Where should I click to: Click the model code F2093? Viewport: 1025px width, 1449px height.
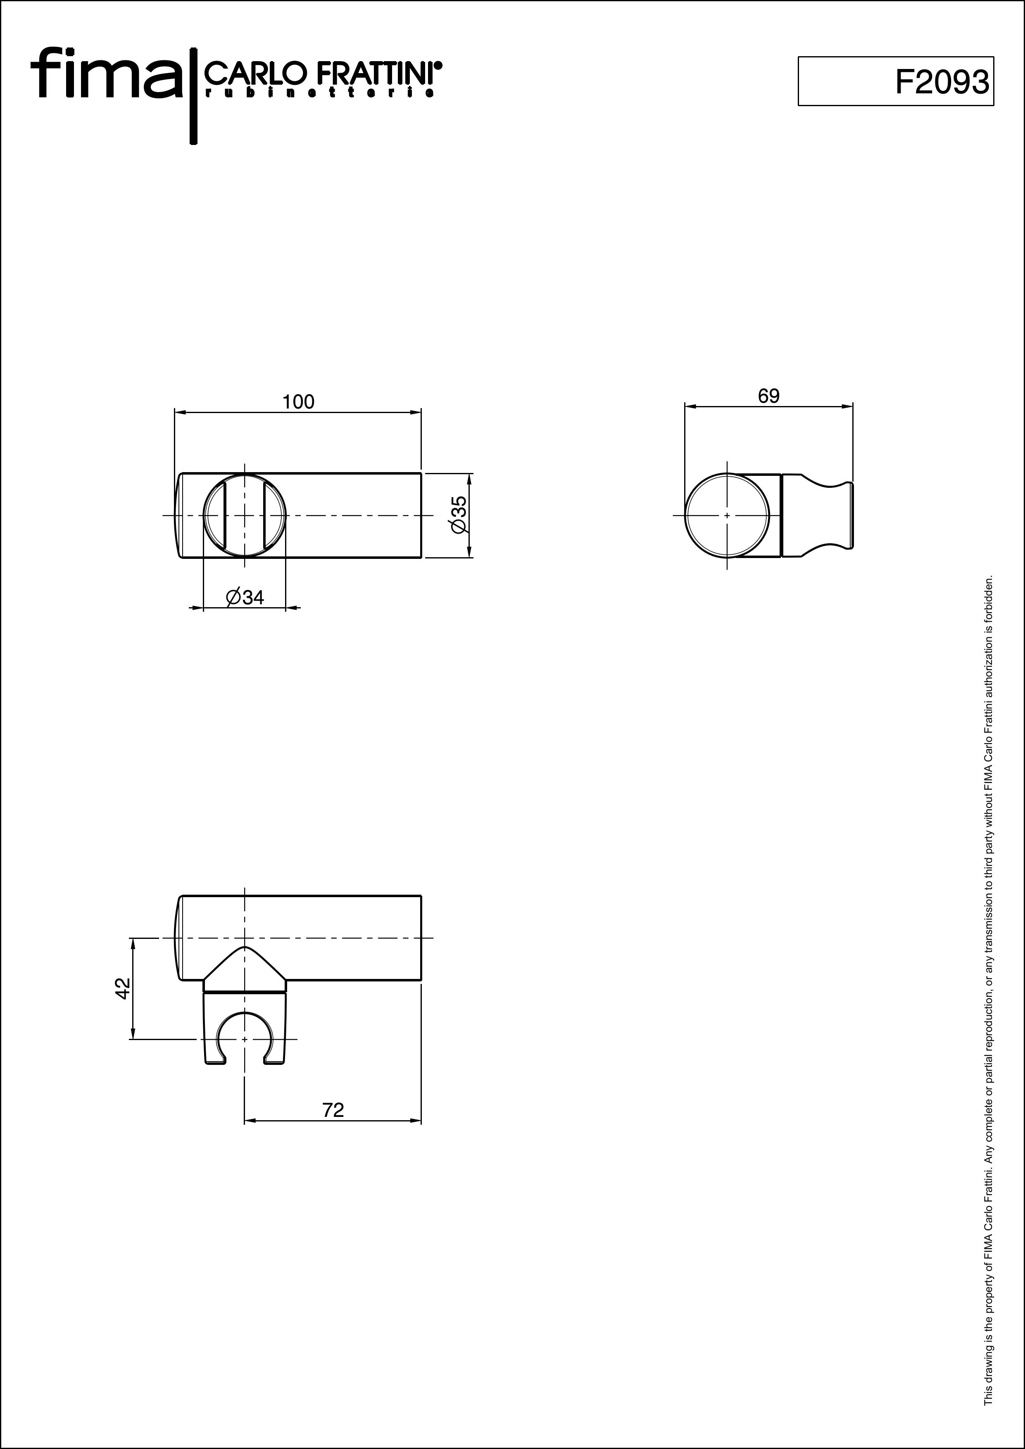tap(942, 81)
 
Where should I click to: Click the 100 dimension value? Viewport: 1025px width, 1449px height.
tap(298, 402)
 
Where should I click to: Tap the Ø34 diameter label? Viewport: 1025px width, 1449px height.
tap(245, 597)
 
